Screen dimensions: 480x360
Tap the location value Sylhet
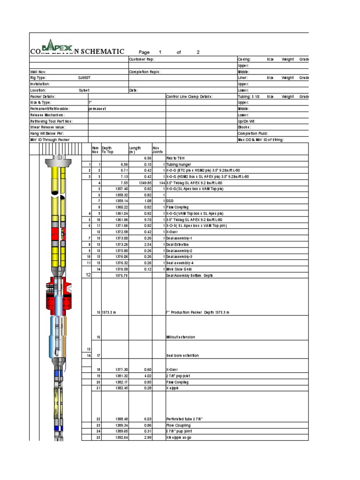(x=84, y=90)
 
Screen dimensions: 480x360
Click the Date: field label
(x=133, y=90)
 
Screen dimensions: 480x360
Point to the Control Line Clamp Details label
(x=189, y=96)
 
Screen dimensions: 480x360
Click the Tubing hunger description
(x=179, y=165)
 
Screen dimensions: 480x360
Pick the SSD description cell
(x=170, y=201)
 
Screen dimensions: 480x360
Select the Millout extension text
(x=180, y=337)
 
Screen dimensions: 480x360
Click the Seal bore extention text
(x=182, y=355)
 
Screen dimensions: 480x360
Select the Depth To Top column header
(x=107, y=150)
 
